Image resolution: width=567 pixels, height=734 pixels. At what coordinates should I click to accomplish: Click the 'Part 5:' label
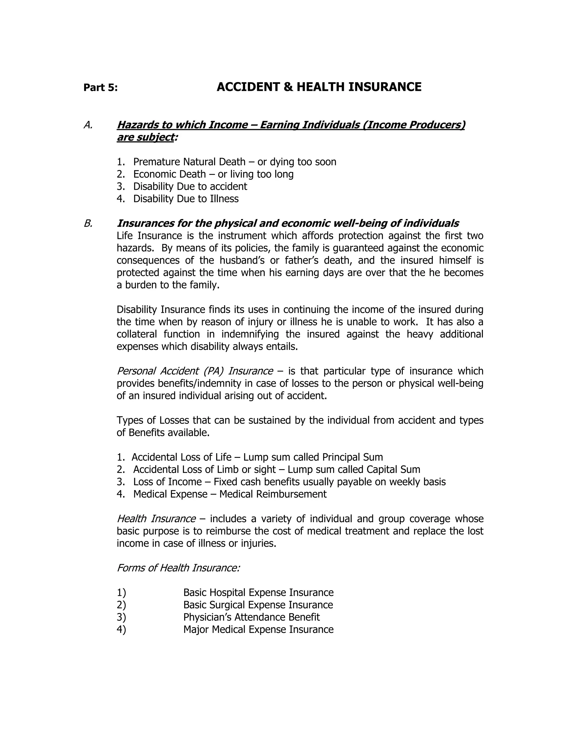click(x=100, y=88)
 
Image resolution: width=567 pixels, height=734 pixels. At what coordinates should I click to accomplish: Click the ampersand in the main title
click(x=287, y=87)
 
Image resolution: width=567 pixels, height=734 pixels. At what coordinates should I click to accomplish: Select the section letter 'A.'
click(x=88, y=125)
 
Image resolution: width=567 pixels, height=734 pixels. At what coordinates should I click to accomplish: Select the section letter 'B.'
click(x=88, y=224)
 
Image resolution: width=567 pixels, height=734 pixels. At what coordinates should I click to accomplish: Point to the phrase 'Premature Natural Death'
click(x=189, y=162)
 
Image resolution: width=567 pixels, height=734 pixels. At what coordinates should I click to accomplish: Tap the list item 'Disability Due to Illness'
click(x=186, y=199)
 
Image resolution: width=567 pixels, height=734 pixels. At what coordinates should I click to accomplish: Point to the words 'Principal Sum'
click(x=352, y=457)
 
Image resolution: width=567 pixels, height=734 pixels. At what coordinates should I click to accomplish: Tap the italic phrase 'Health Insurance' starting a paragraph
click(x=156, y=519)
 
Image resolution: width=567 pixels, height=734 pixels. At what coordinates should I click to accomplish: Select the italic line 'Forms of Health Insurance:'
click(x=178, y=568)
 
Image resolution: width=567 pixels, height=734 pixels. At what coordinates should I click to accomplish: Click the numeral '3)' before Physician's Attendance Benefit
click(x=121, y=617)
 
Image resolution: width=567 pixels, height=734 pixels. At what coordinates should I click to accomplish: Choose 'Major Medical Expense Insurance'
click(x=258, y=630)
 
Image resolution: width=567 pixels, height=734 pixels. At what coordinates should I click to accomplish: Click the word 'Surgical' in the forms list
click(x=227, y=605)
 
